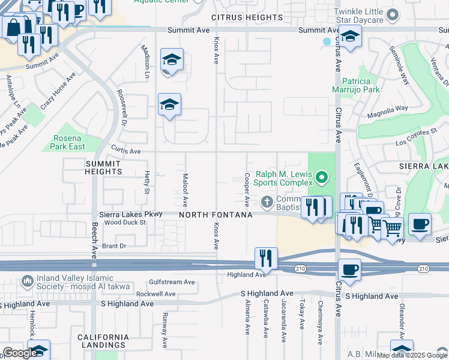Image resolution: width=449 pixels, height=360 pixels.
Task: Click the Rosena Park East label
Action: tap(67, 142)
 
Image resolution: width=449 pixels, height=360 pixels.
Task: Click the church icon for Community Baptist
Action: tap(267, 200)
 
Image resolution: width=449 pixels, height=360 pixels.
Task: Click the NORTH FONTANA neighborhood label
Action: tap(215, 214)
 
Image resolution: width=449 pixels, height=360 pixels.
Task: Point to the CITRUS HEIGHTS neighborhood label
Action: tap(247, 17)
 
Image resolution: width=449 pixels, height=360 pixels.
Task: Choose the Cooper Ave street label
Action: tap(247, 188)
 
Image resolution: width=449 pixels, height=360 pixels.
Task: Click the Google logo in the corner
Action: tap(20, 353)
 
